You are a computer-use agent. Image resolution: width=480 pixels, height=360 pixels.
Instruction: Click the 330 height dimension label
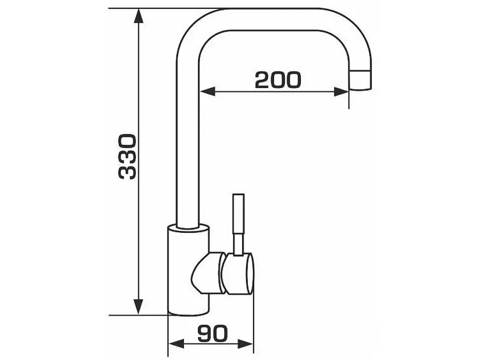[x=127, y=156]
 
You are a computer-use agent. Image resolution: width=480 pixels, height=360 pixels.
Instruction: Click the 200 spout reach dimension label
[x=278, y=80]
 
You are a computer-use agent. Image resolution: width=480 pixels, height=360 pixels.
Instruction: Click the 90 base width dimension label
[x=212, y=333]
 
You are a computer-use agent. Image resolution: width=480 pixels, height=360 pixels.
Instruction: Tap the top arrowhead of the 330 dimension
[x=139, y=16]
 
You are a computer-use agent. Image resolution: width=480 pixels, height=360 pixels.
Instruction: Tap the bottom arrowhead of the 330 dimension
[x=139, y=307]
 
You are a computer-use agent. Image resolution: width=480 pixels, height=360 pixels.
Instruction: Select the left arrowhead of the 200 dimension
[x=207, y=91]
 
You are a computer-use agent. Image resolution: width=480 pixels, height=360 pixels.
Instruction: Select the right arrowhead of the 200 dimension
[x=341, y=91]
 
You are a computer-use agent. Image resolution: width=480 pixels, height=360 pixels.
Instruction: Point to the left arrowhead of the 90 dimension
[x=176, y=344]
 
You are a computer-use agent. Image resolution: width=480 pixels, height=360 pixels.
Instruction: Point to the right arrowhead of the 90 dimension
[x=245, y=344]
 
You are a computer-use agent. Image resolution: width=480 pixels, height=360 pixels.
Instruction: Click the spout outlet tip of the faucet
[x=361, y=80]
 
